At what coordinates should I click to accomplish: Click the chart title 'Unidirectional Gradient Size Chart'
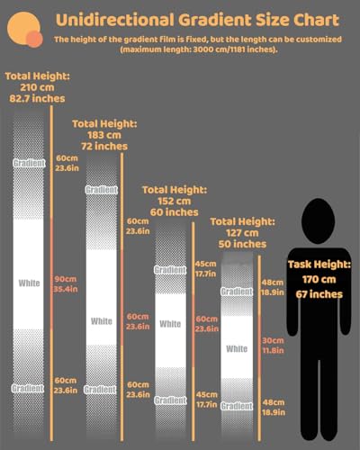click(197, 20)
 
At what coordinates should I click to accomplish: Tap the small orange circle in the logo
click(34, 40)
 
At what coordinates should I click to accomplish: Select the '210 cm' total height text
click(37, 87)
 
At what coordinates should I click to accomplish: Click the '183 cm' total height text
click(104, 135)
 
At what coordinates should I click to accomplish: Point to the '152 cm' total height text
click(175, 201)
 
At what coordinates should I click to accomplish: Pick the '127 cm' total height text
click(242, 233)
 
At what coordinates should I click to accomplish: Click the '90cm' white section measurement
click(66, 279)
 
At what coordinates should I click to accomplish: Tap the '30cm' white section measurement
click(273, 340)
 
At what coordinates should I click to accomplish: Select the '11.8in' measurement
click(273, 350)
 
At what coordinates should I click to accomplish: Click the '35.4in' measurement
click(66, 289)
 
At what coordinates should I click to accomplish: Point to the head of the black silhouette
click(318, 221)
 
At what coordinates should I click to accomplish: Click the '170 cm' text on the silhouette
click(319, 279)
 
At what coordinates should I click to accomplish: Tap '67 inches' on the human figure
click(319, 294)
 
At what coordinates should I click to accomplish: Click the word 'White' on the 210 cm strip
click(29, 283)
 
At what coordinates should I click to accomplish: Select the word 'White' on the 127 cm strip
click(237, 348)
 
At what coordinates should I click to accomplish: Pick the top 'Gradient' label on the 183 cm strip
click(102, 190)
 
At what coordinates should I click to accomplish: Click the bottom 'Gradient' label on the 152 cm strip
click(170, 400)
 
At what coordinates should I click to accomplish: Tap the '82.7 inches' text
click(37, 98)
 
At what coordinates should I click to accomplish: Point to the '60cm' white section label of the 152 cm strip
click(206, 319)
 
